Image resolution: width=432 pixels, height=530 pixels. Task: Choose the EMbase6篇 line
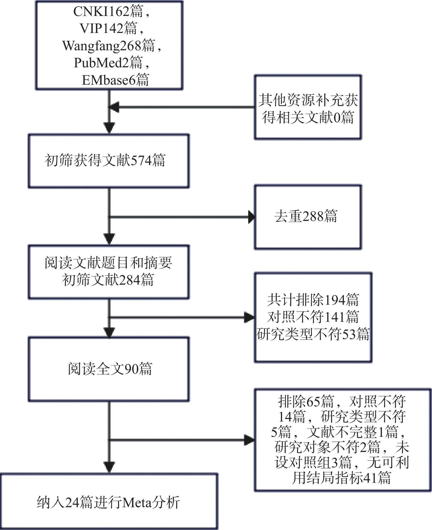click(115, 80)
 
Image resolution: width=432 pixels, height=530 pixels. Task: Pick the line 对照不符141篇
click(313, 317)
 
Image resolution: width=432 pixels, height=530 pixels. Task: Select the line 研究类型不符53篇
click(313, 334)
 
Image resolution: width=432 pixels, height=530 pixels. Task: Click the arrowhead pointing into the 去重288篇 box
click(251, 217)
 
